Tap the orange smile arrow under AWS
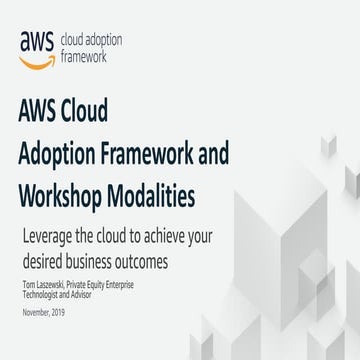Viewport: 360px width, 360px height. (38, 58)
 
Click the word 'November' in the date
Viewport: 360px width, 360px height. (34, 314)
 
